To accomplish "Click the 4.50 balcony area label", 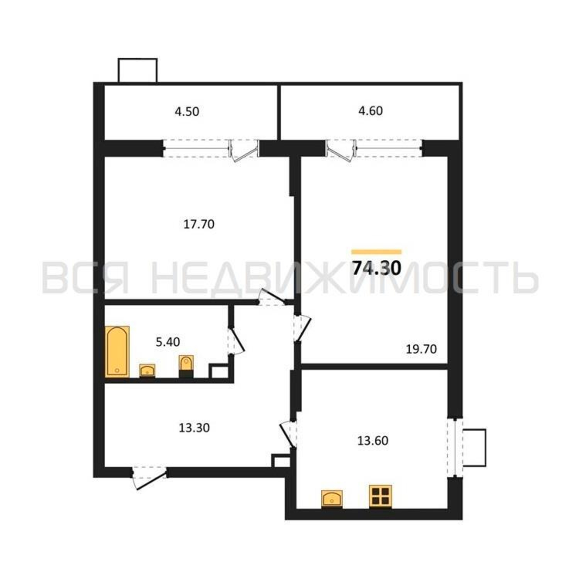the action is coord(187,112).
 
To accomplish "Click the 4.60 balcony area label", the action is coord(371,111).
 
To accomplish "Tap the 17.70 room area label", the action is coord(199,224).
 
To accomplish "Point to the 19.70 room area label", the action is coord(421,349).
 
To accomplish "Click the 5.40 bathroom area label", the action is coord(168,342).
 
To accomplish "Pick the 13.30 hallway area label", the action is coord(194,428).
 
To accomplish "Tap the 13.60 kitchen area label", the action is coord(373,441).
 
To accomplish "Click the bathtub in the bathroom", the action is coord(117,351).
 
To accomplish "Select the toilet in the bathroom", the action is coord(186,367).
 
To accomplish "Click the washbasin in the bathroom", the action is coord(147,371).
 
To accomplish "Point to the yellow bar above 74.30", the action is coord(376,252).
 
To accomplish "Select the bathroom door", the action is coord(236,342).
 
